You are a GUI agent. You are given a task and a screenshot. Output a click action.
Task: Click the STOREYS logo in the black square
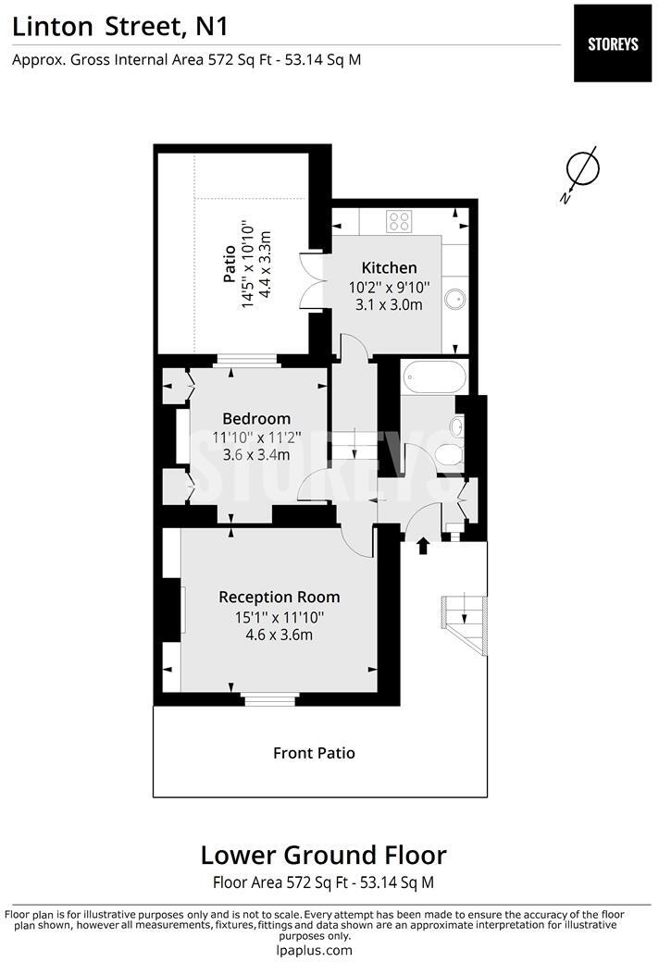[x=612, y=43]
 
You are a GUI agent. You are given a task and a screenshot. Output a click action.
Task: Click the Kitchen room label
[x=389, y=268]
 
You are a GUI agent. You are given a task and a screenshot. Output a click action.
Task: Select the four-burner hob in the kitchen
[x=400, y=220]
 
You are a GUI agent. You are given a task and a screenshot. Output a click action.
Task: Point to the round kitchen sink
[x=455, y=298]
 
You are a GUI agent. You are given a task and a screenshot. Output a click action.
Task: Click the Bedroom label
[x=256, y=419]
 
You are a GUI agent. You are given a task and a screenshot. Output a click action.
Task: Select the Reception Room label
[x=279, y=598]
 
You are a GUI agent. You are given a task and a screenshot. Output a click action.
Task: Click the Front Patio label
[x=314, y=753]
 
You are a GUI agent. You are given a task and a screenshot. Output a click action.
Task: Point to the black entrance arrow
[x=424, y=546]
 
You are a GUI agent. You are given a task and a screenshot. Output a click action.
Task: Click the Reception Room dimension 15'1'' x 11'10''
[x=279, y=617]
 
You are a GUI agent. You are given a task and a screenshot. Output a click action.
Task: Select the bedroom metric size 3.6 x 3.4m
[x=256, y=455]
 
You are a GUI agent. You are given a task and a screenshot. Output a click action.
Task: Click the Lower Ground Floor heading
[x=323, y=855]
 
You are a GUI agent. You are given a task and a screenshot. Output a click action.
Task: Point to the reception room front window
[x=271, y=699]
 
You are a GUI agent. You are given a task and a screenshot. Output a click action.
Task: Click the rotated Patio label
[x=230, y=265]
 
